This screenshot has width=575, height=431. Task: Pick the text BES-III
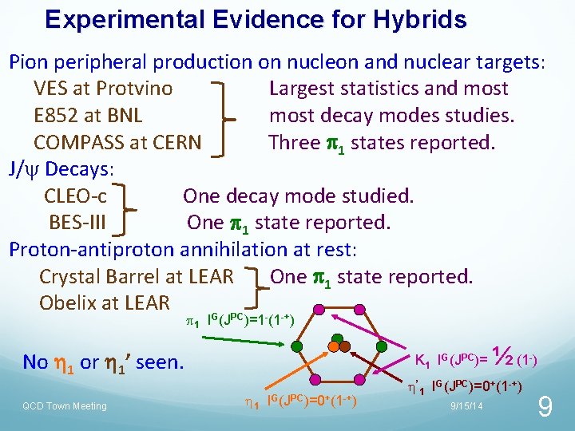point(78,222)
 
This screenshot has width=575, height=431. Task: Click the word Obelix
point(66,303)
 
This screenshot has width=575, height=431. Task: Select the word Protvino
point(133,89)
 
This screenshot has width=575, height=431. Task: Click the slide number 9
point(545,408)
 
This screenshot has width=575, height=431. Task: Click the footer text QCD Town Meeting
point(64,406)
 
